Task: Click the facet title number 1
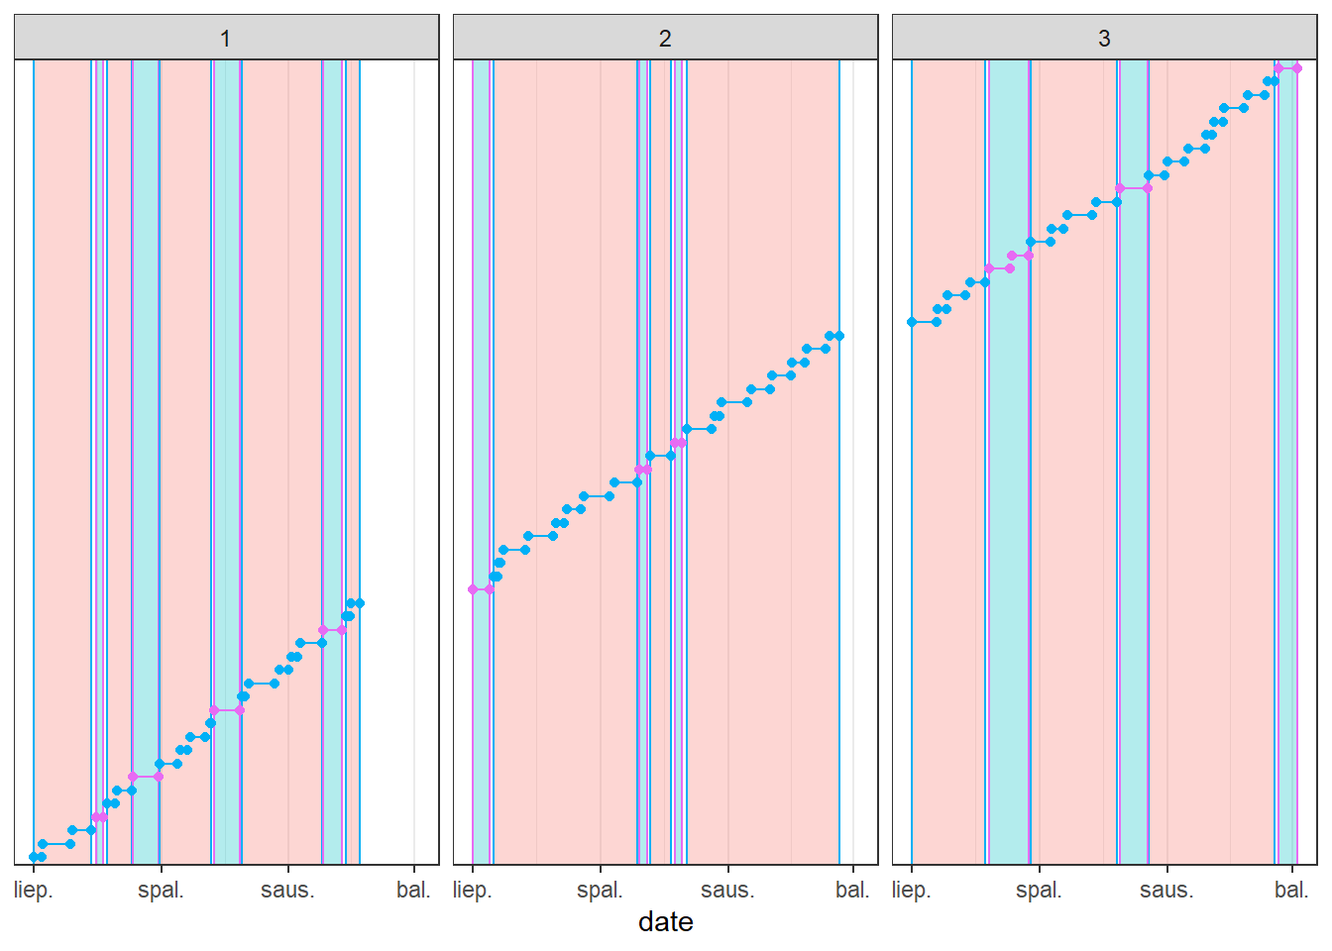tap(226, 39)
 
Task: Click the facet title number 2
tap(665, 39)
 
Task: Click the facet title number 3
tap(1104, 39)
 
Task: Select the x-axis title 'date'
tap(665, 922)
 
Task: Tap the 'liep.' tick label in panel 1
tap(34, 890)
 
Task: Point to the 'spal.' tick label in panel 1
tap(161, 890)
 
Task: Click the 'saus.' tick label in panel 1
tap(287, 890)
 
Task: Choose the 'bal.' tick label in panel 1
tap(413, 890)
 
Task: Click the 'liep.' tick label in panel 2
tap(473, 890)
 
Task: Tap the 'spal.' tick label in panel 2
tap(600, 890)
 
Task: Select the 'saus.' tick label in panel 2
tap(727, 890)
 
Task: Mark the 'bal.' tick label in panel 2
tap(852, 890)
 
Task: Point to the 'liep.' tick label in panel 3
tap(912, 890)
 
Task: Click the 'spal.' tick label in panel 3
tap(1039, 890)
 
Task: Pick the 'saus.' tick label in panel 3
tap(1166, 890)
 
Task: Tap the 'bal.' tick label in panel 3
tap(1291, 890)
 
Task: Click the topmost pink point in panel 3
tap(1296, 68)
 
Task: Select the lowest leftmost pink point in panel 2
tap(473, 589)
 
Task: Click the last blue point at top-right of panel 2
tap(839, 336)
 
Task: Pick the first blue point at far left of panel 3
tap(912, 322)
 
